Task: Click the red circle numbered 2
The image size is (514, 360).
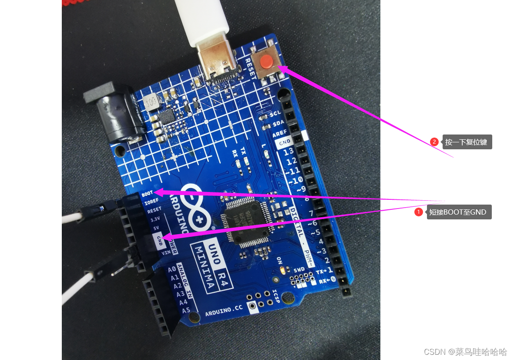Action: coord(434,142)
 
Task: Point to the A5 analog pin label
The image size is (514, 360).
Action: coord(186,310)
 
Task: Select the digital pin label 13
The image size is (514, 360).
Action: coord(289,151)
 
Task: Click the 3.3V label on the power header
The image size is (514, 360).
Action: coord(155,219)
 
